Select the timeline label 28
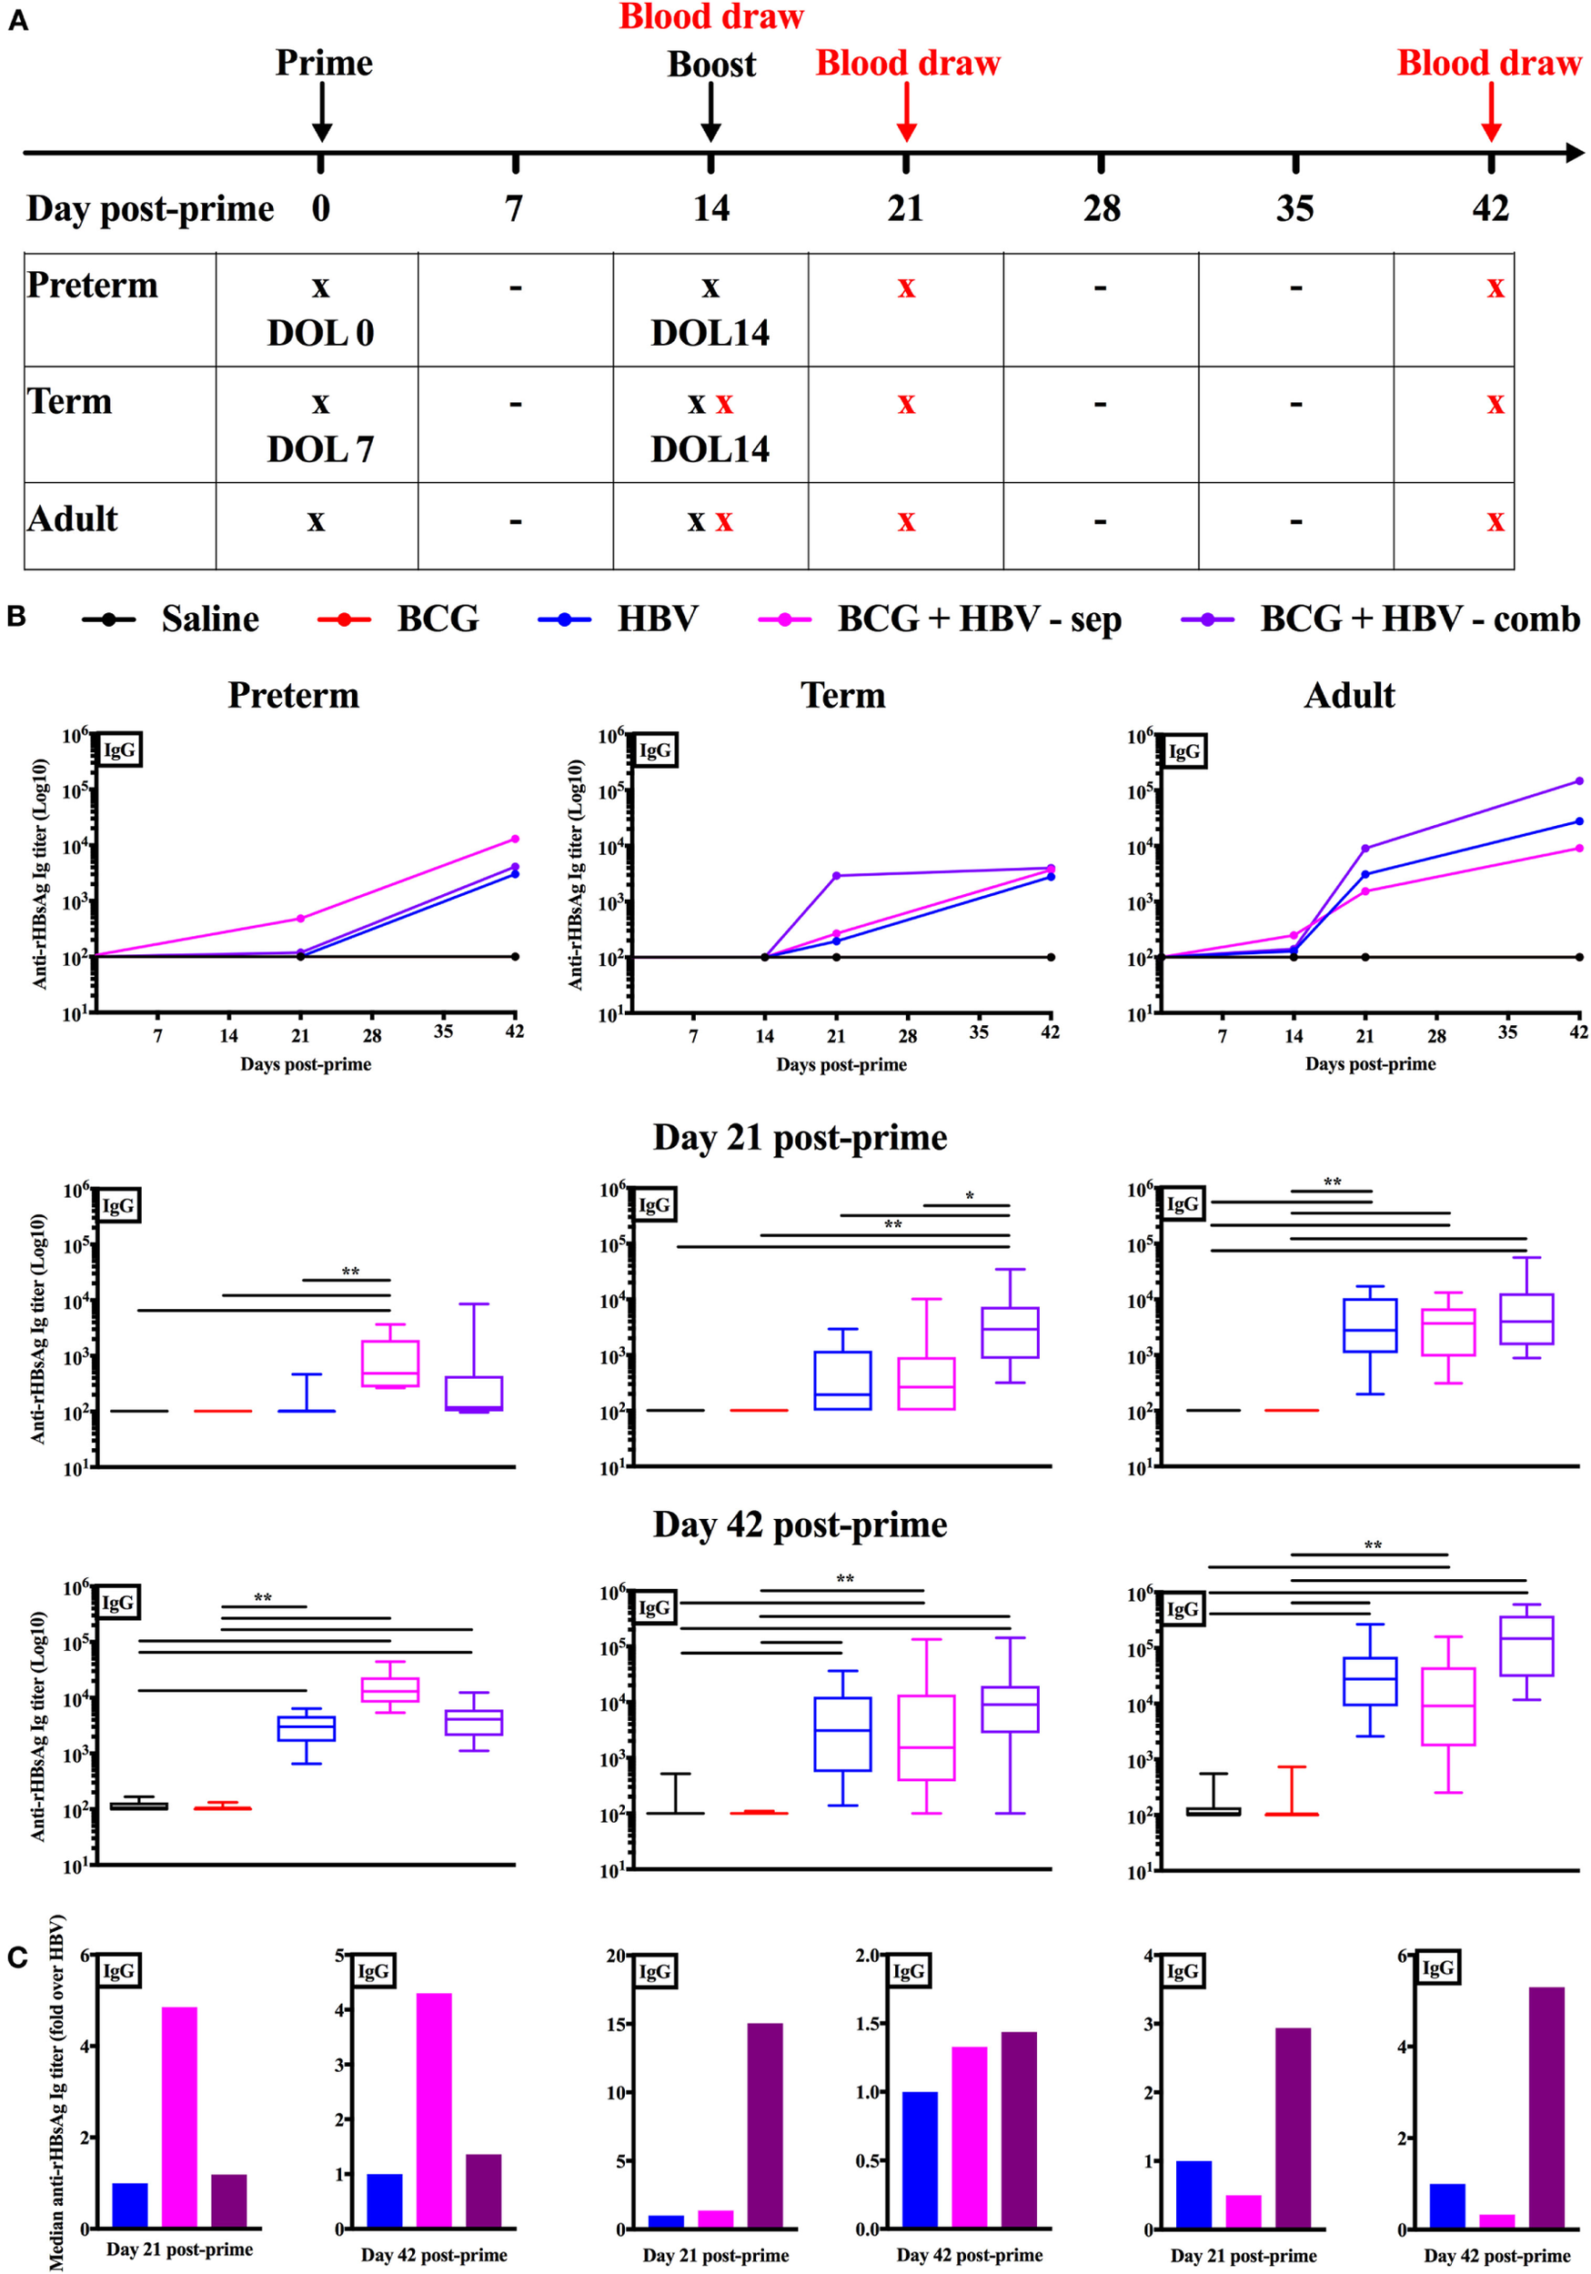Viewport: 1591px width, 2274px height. click(1101, 209)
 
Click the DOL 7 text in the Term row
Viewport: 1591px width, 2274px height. click(320, 449)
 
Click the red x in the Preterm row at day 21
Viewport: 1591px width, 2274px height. click(906, 288)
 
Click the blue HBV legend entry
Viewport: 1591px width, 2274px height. click(619, 619)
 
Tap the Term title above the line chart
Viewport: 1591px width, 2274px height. click(842, 695)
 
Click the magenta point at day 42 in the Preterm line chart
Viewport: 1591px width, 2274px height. click(514, 839)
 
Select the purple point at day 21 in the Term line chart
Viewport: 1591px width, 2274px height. click(836, 876)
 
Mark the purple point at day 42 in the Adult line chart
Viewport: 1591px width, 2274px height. click(1579, 780)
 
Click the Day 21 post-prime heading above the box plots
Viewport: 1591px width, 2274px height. click(800, 1137)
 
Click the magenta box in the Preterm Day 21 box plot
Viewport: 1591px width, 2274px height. click(389, 1363)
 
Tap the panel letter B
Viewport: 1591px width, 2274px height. click(15, 616)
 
